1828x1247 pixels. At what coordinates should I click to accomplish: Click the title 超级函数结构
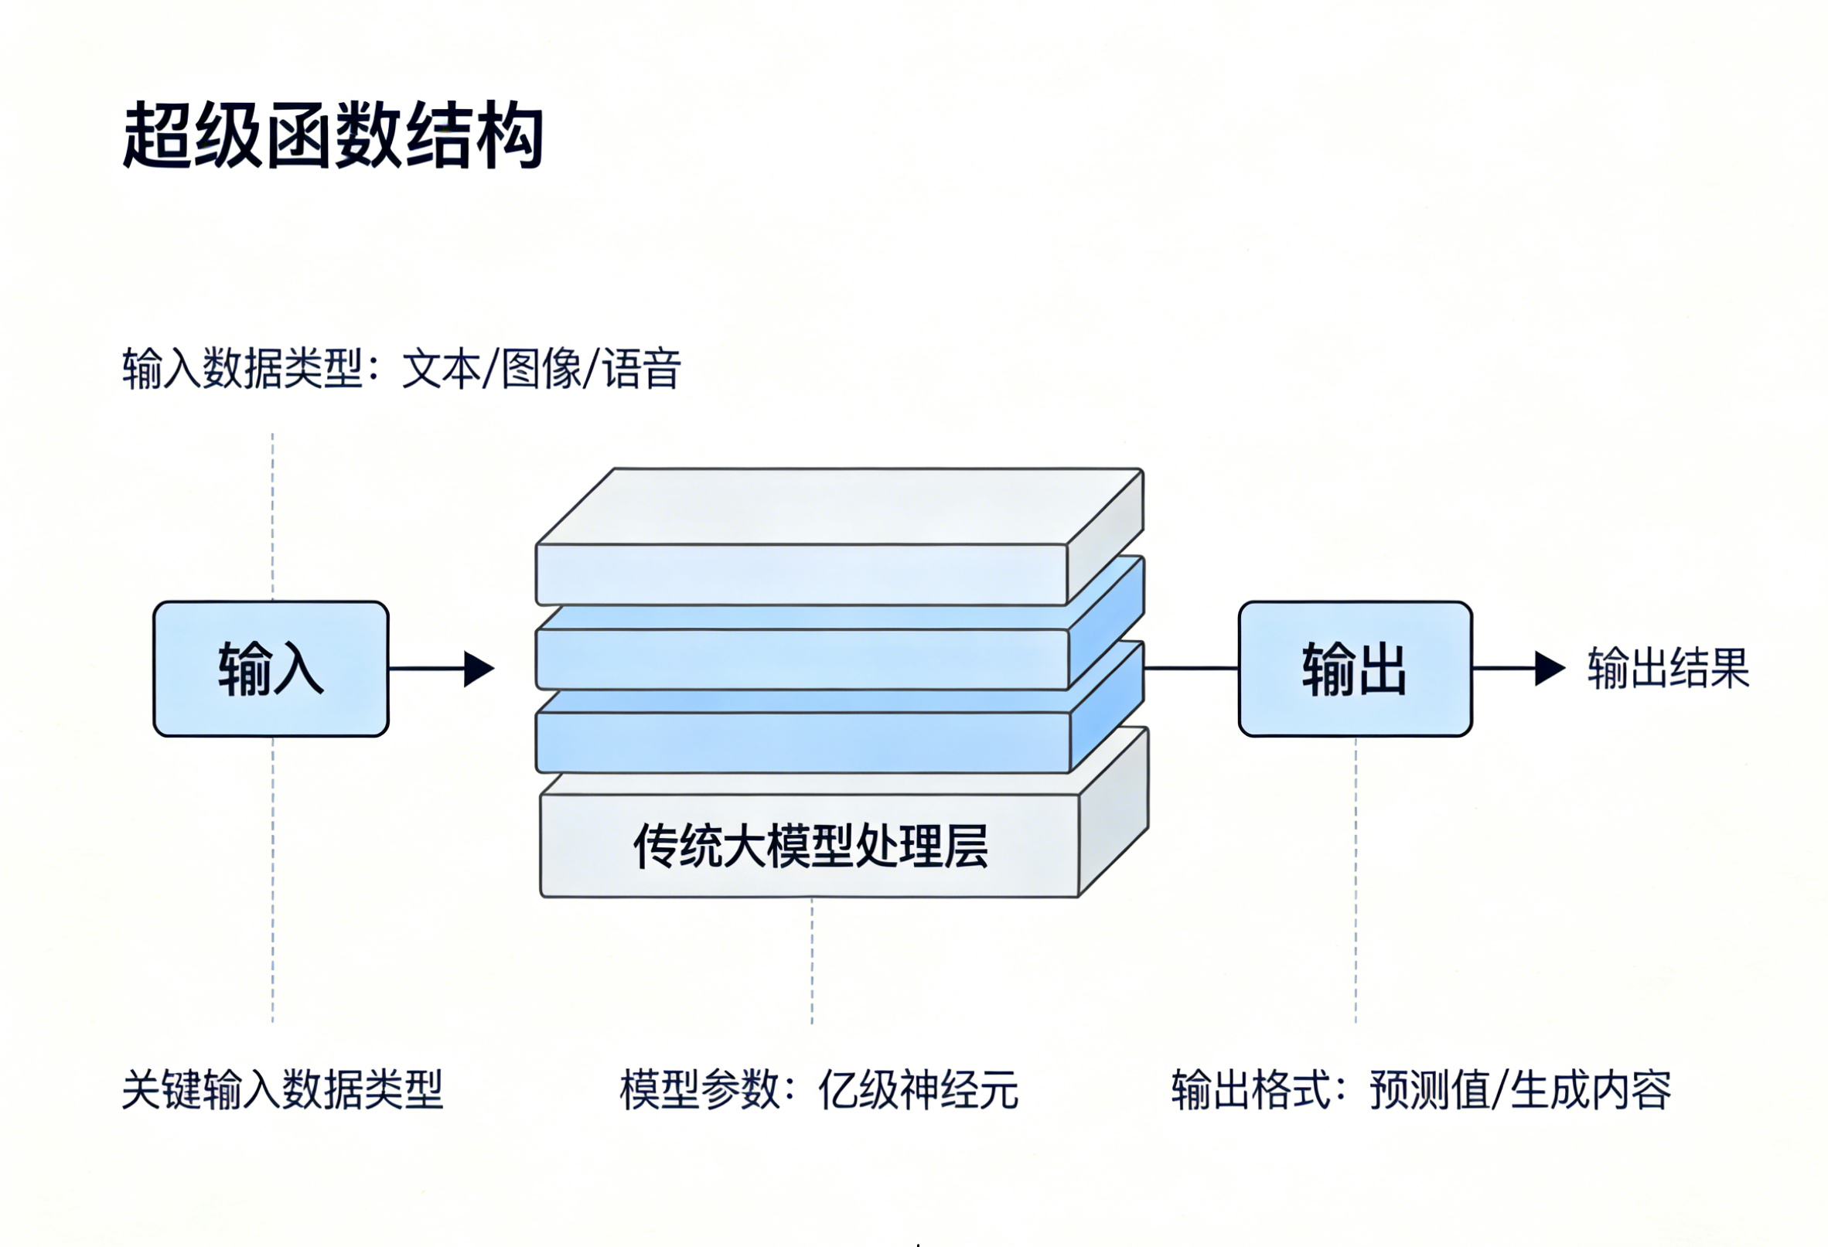[333, 135]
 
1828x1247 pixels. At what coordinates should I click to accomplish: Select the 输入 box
[271, 669]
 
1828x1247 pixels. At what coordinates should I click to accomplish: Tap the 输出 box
[1355, 669]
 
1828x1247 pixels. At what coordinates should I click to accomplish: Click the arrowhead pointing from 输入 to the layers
[478, 669]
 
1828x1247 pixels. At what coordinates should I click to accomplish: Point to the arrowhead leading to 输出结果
[1549, 669]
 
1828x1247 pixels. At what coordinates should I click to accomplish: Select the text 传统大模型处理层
[810, 847]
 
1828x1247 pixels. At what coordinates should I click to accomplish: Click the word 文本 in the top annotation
[442, 369]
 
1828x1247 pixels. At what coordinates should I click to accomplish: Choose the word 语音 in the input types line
[641, 369]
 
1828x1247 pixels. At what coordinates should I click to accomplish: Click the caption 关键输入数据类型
[282, 1090]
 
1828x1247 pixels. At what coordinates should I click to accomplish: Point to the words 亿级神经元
[918, 1090]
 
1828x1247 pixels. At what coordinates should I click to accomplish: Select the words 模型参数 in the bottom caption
[699, 1090]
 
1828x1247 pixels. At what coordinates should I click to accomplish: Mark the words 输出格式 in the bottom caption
[1250, 1090]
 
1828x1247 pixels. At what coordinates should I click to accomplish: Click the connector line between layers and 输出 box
[1191, 668]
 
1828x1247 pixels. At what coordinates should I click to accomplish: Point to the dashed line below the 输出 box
[1356, 881]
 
